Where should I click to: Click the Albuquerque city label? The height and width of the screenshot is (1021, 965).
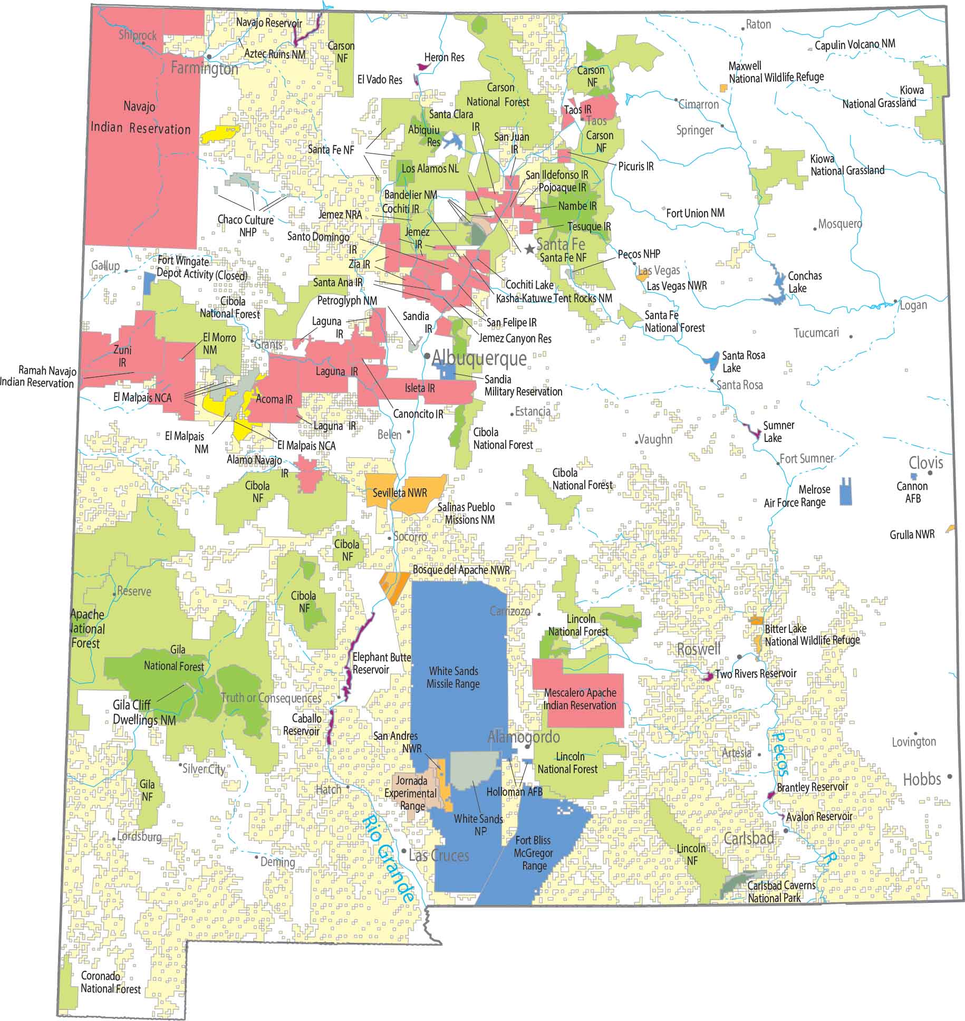click(x=479, y=359)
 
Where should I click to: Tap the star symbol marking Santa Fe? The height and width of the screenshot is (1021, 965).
click(x=529, y=248)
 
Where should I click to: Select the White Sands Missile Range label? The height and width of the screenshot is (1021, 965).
click(x=453, y=678)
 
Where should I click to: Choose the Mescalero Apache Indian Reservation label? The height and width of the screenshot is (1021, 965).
click(x=580, y=699)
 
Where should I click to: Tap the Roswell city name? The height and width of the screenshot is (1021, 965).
click(x=698, y=649)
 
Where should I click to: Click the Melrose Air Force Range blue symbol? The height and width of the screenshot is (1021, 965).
click(x=845, y=492)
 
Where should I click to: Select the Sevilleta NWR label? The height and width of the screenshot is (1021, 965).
click(x=400, y=493)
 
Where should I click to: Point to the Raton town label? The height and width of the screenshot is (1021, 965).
click(x=758, y=24)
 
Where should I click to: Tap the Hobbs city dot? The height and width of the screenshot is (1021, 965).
click(x=950, y=776)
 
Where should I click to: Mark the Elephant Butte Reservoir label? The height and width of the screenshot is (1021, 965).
click(x=381, y=663)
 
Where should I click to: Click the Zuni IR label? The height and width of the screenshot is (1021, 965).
click(x=122, y=356)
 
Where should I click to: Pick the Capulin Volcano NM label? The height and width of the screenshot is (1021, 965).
click(x=854, y=45)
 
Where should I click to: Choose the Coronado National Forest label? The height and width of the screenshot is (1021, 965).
click(x=110, y=983)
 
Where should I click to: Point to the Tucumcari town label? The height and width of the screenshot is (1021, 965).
click(x=816, y=333)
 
